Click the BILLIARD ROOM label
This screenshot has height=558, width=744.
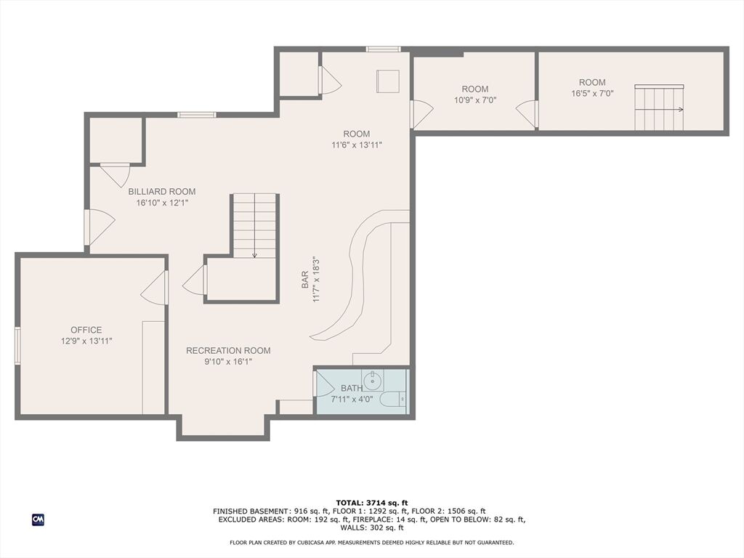(x=162, y=192)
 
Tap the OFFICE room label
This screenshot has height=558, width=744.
(x=86, y=330)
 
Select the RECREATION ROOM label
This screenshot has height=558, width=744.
(x=228, y=351)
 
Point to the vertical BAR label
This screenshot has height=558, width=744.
(x=305, y=280)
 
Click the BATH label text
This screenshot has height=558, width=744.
(x=352, y=388)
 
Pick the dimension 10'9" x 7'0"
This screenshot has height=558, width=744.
(x=475, y=100)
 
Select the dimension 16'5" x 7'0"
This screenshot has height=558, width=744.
(x=592, y=94)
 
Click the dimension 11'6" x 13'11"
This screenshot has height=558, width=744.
(x=357, y=145)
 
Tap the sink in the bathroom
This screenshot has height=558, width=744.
(x=373, y=380)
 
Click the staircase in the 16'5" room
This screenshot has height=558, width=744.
(x=660, y=108)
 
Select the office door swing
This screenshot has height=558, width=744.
(x=154, y=288)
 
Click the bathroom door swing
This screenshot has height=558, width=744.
(x=325, y=384)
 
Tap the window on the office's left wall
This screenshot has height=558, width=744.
(x=17, y=346)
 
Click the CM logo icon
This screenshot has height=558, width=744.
(x=38, y=519)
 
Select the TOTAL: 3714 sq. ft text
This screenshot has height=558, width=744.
(x=372, y=503)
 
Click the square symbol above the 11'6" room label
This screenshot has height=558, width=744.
(x=388, y=81)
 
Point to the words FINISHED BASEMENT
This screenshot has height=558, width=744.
(x=251, y=511)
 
